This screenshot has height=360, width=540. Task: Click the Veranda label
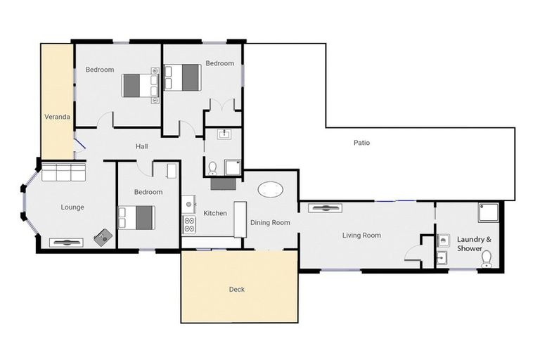coord(57,117)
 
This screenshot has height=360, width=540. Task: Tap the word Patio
coord(361,143)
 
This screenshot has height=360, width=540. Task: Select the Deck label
coord(237,289)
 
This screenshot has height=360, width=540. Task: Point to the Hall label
coord(141,146)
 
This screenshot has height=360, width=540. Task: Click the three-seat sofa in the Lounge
coord(63,173)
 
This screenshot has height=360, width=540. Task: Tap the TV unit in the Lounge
coord(65,243)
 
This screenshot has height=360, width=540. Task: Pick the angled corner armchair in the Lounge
coord(103,238)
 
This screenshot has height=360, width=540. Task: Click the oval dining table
coord(271,189)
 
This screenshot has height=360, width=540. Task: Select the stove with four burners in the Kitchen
coord(189,225)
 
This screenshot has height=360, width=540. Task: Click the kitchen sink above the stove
coord(188,205)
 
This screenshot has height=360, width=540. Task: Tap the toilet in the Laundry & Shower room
coord(486,260)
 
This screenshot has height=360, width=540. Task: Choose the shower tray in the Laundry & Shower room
coord(489,212)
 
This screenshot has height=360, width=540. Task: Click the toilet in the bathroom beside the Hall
coord(212,168)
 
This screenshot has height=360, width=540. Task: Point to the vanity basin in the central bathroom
coord(224,134)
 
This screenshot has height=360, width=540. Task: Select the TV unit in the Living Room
coord(325,208)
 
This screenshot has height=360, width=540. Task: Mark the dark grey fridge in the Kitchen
coord(224,184)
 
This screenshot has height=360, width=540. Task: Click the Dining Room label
coord(270,223)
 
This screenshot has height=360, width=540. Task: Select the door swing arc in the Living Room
coord(413,253)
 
